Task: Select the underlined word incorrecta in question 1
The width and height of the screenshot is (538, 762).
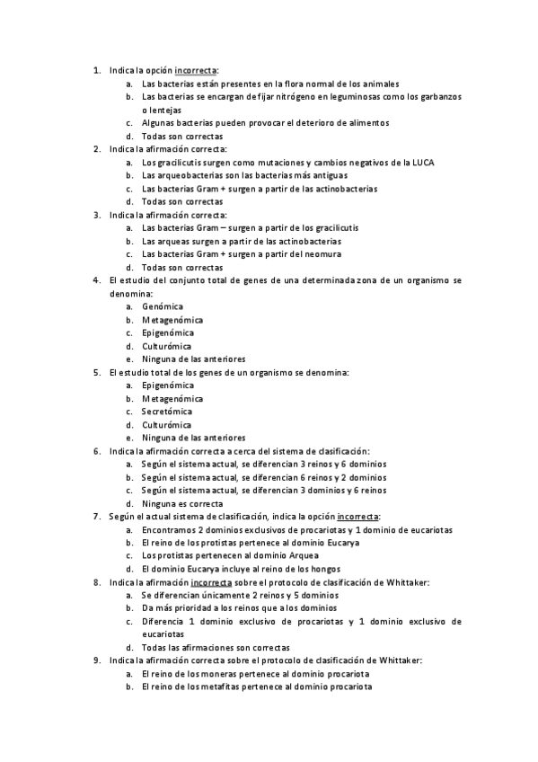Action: (195, 69)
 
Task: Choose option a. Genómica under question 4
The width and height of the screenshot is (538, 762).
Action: (162, 306)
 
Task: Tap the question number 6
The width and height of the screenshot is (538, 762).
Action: (97, 451)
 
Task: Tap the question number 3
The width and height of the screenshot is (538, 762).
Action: (97, 215)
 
